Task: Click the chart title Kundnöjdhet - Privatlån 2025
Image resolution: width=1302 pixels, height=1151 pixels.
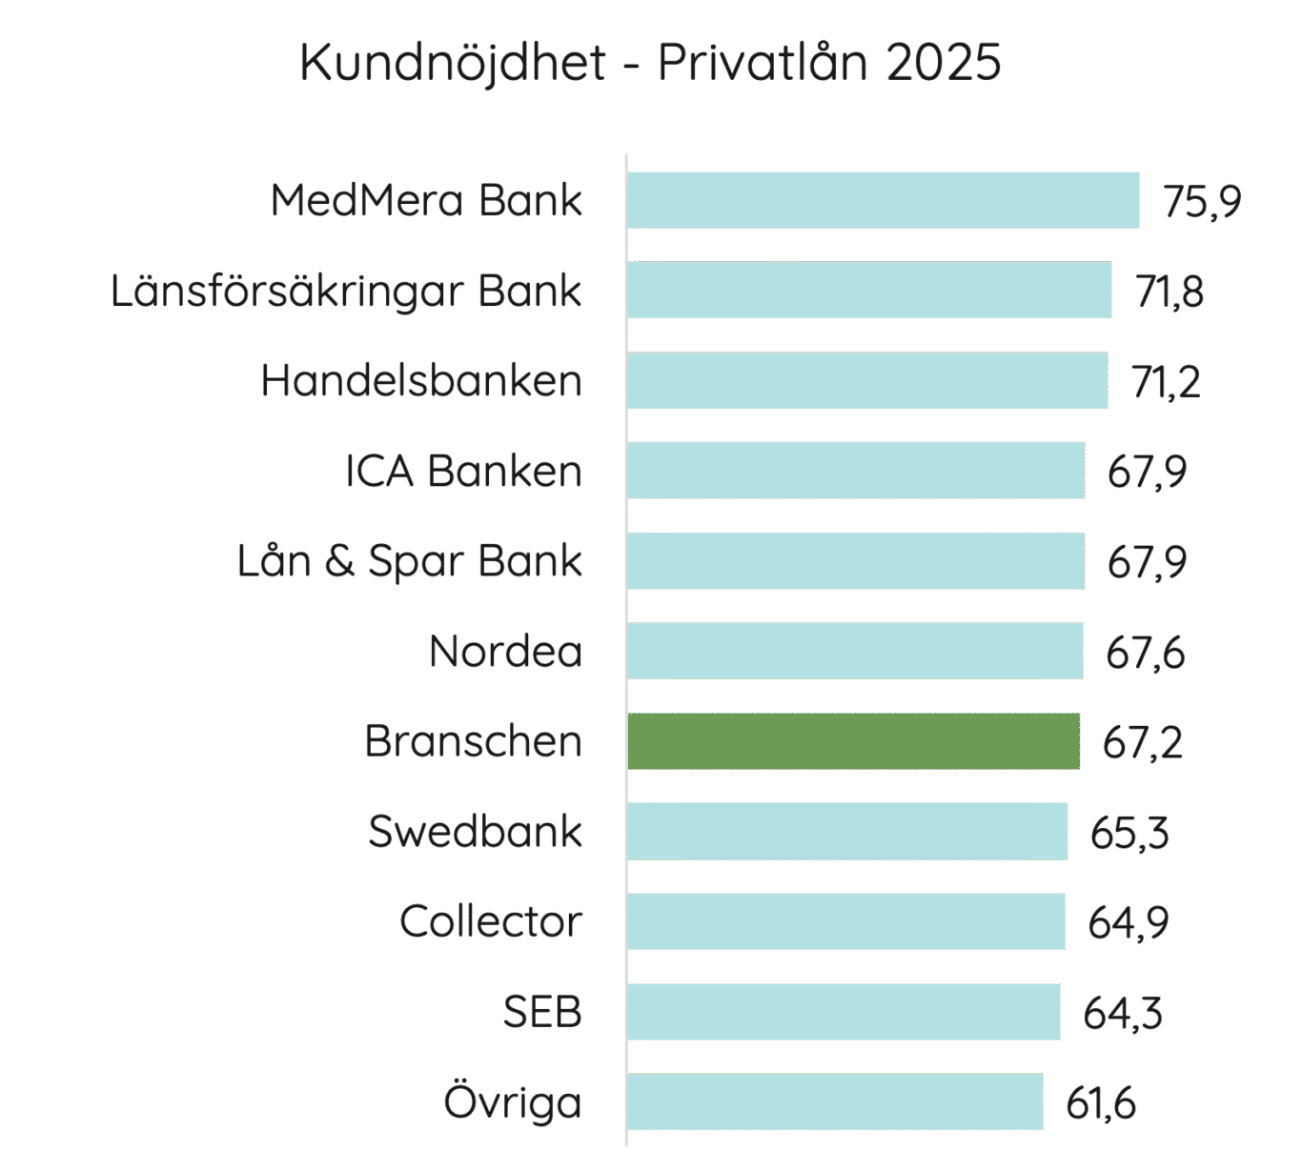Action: [x=650, y=63]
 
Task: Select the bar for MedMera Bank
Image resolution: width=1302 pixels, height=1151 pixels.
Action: [x=883, y=200]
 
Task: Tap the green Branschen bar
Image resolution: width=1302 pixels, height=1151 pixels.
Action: [x=853, y=741]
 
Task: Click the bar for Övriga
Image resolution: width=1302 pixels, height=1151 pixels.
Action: [x=835, y=1102]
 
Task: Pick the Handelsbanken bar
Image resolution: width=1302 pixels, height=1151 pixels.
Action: [x=867, y=380]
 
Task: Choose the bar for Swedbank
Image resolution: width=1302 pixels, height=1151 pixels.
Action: [x=847, y=831]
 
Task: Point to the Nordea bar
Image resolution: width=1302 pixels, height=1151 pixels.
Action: [x=855, y=651]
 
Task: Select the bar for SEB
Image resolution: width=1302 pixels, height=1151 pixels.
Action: [x=844, y=1012]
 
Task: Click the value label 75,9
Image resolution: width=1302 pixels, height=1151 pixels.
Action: [x=1201, y=202]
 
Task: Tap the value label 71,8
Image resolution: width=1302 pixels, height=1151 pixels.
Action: [x=1170, y=292]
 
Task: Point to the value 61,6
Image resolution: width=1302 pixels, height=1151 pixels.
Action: [x=1101, y=1104]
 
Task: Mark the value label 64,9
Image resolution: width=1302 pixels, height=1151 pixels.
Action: [x=1128, y=923]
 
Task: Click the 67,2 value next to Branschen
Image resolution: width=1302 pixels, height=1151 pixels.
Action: [x=1142, y=743]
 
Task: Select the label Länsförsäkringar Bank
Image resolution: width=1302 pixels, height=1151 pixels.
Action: [x=346, y=291]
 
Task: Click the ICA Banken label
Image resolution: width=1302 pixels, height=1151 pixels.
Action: [x=463, y=471]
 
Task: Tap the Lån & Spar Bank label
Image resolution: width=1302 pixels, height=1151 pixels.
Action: [x=410, y=561]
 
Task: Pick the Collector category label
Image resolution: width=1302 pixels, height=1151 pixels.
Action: [x=490, y=921]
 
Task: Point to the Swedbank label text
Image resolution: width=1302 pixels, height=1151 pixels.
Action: [x=475, y=831]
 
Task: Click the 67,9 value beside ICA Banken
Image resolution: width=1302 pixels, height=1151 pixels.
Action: [x=1147, y=473]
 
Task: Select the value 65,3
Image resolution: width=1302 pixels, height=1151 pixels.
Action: [x=1129, y=834]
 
